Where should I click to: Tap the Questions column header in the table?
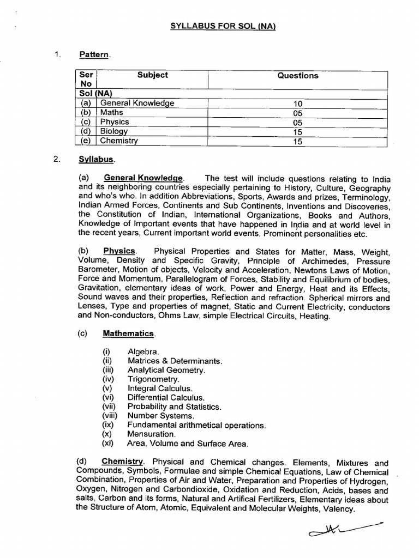click(297, 76)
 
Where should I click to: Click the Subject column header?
click(152, 75)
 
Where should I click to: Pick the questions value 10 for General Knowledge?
click(297, 104)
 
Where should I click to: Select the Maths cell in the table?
click(112, 112)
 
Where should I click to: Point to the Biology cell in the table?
click(114, 131)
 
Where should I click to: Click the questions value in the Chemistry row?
click(297, 141)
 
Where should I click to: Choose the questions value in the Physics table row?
click(297, 123)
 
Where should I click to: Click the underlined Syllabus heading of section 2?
click(96, 159)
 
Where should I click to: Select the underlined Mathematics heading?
click(129, 333)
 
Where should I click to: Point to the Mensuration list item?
click(151, 434)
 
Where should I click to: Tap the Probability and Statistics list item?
click(174, 407)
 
